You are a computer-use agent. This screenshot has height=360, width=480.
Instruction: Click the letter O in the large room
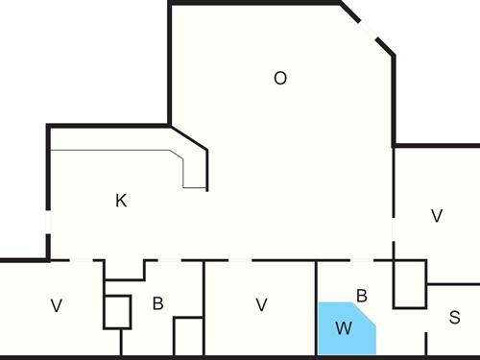pyautogui.click(x=280, y=79)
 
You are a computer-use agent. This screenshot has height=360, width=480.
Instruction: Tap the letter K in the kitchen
pyautogui.click(x=121, y=201)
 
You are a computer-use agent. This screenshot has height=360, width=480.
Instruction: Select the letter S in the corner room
pyautogui.click(x=454, y=317)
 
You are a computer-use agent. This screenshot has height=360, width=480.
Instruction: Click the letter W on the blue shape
pyautogui.click(x=343, y=328)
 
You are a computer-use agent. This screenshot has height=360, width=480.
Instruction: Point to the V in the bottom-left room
pyautogui.click(x=57, y=305)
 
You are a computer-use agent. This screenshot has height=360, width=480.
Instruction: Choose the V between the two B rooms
pyautogui.click(x=261, y=305)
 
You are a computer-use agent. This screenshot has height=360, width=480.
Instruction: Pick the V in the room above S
pyautogui.click(x=437, y=216)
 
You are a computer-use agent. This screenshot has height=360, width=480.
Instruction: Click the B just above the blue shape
pyautogui.click(x=362, y=296)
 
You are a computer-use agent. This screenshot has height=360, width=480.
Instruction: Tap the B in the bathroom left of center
pyautogui.click(x=157, y=304)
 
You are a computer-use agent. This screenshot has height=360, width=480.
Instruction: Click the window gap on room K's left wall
pyautogui.click(x=48, y=230)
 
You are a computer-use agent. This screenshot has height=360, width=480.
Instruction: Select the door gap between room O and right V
pyautogui.click(x=394, y=230)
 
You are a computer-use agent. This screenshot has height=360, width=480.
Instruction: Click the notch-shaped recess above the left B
pyautogui.click(x=125, y=269)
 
